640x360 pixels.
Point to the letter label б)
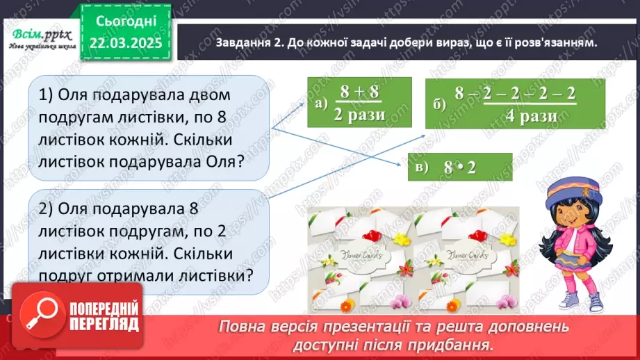tap(438, 105)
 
